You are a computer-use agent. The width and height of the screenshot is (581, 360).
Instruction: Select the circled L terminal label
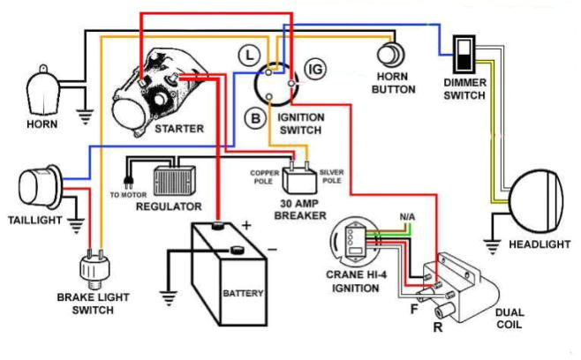tap(250, 55)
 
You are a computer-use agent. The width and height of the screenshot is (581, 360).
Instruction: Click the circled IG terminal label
tap(313, 68)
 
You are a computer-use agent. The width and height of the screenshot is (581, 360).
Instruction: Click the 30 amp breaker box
tap(299, 181)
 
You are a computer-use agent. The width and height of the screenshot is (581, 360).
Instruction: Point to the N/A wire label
tap(407, 216)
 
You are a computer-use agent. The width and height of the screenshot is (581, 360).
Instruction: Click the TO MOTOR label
tap(126, 193)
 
